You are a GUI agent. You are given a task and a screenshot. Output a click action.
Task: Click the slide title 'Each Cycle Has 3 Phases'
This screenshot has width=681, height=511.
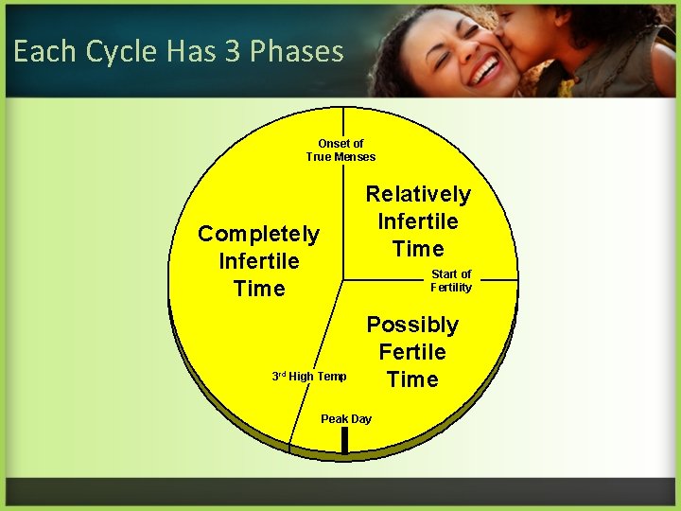(179, 51)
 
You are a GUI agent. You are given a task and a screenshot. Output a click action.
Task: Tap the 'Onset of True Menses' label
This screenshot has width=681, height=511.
(340, 150)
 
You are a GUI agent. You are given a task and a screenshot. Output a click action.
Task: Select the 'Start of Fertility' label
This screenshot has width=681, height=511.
(451, 281)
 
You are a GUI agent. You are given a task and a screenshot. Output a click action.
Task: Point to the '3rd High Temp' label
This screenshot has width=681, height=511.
(309, 377)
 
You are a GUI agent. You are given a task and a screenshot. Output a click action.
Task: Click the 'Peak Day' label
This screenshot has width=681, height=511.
(346, 419)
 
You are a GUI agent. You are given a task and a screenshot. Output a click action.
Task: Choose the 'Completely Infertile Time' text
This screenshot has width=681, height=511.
(258, 261)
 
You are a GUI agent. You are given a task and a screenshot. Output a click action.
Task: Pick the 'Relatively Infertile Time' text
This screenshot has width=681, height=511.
(418, 221)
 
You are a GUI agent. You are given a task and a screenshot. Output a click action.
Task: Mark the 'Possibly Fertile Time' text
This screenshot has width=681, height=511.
(412, 352)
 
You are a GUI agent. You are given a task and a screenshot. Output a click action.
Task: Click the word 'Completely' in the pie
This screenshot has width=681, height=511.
(258, 234)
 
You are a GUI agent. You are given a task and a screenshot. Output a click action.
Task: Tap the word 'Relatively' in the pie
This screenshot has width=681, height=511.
(418, 194)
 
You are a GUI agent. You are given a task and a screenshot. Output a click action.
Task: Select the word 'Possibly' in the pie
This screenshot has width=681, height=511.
(412, 325)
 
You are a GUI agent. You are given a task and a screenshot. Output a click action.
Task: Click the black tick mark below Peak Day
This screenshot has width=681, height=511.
(345, 440)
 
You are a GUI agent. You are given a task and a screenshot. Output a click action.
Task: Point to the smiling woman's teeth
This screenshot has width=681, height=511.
(486, 68)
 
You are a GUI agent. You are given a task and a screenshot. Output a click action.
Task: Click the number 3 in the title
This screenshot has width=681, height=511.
(233, 51)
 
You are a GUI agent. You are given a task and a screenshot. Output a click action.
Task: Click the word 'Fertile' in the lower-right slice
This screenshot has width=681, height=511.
(412, 352)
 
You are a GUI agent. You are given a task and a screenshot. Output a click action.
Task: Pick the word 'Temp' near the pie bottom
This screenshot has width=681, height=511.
(332, 377)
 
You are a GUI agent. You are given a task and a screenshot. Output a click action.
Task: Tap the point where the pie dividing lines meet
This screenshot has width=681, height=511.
(343, 280)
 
